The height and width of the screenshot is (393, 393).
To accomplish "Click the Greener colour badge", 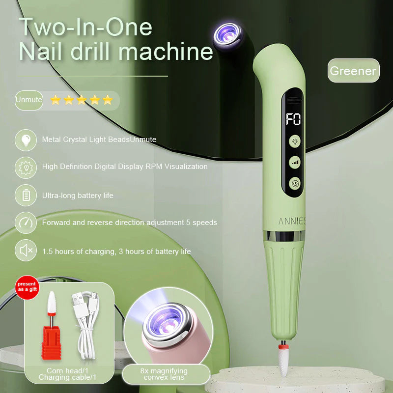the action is pos(353,70).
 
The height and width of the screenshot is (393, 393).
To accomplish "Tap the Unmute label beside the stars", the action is pos(29,100).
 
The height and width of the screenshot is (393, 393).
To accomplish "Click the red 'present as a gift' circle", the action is pos(27,287).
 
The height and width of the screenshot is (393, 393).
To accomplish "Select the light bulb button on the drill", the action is pos(295,141).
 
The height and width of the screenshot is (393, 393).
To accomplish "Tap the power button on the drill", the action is pos(295,183).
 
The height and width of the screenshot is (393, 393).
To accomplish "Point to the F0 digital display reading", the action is pos(293,119).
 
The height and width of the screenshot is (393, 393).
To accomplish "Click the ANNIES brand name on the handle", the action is pos(292,221).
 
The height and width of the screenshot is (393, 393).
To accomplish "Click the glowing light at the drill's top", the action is pos(228,35).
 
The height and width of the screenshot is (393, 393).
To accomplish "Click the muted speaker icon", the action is pos(26,250).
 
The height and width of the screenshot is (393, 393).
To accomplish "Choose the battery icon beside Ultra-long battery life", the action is pos(26,195).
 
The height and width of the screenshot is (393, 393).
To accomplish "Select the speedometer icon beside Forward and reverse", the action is pos(26,223).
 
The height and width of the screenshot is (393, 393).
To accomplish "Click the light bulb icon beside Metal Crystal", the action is pos(26,140).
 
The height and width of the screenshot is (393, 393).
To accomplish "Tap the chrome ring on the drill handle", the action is pos(284,236).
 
